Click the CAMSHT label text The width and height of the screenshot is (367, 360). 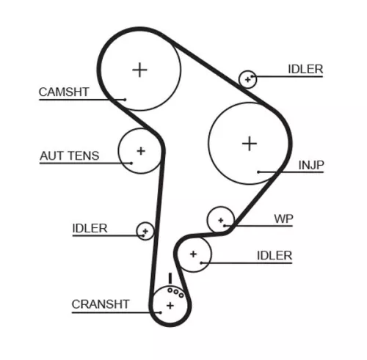[63, 92]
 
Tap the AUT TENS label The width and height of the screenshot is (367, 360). [68, 156]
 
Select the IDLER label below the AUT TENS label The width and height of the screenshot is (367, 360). [90, 228]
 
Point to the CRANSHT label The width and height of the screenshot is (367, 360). [101, 304]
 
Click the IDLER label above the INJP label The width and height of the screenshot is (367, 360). [305, 70]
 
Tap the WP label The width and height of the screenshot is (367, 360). [283, 218]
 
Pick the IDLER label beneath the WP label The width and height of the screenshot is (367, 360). [275, 255]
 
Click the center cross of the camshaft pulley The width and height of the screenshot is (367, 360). [139, 70]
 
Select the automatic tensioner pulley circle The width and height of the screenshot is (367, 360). [139, 151]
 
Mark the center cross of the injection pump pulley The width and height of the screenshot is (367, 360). [250, 142]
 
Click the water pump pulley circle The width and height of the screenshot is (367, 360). [220, 218]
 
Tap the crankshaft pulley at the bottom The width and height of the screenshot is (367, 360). [170, 304]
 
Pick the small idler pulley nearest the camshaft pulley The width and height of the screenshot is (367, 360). [248, 78]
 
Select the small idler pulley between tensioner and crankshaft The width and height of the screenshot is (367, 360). [145, 231]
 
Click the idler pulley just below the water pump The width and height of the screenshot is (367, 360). [194, 254]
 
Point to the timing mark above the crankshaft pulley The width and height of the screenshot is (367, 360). [170, 278]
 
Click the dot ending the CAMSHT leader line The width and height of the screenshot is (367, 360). [126, 99]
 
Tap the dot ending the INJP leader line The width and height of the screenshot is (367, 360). [258, 172]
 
